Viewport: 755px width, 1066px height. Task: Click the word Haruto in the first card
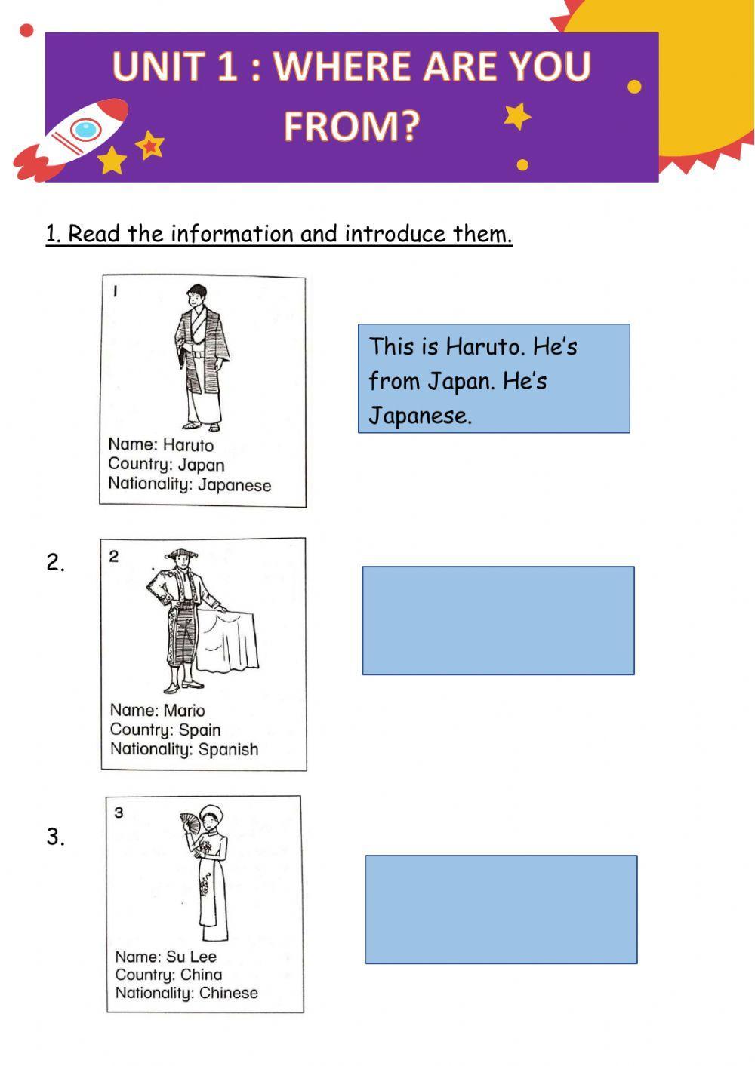188,445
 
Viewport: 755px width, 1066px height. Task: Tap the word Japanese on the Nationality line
234,485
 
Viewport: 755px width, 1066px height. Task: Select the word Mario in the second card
184,711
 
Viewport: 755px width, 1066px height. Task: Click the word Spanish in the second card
229,750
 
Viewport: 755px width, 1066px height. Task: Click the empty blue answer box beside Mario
498,621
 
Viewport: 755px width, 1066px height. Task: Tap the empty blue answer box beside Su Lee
501,909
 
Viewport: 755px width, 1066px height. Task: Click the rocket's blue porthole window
86,130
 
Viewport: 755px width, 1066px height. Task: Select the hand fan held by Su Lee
190,823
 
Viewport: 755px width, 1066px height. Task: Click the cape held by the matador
228,641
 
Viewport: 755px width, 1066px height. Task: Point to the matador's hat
181,554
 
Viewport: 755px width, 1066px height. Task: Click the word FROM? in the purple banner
352,127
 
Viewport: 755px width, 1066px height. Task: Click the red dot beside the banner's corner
26,31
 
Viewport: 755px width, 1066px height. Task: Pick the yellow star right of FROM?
517,116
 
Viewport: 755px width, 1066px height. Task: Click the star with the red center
150,145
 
